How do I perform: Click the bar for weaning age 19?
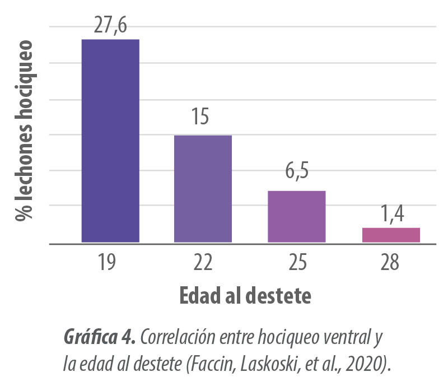tap(110, 141)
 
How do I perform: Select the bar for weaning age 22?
tap(203, 189)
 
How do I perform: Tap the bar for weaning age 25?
tap(296, 217)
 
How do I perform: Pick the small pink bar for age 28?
tap(391, 235)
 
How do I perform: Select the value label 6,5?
tap(297, 171)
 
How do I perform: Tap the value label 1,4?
tap(392, 213)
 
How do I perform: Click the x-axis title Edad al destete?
tap(245, 295)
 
